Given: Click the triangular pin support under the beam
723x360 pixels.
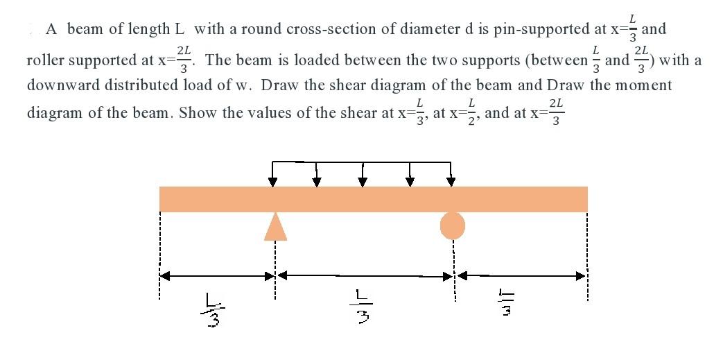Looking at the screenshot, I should tap(275, 227).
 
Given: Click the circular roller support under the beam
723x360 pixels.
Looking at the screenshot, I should tap(453, 224).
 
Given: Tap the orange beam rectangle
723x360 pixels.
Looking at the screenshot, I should tap(374, 198).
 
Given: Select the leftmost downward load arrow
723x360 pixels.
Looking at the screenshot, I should tap(272, 176).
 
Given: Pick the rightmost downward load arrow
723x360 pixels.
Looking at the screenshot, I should tap(451, 176).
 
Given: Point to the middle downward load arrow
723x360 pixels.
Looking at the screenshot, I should tap(362, 176).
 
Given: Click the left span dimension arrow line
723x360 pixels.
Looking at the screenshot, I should tap(217, 275).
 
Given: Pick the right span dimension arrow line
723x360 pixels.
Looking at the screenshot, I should tap(525, 275).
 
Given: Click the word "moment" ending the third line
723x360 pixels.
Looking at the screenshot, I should tap(642, 86).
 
